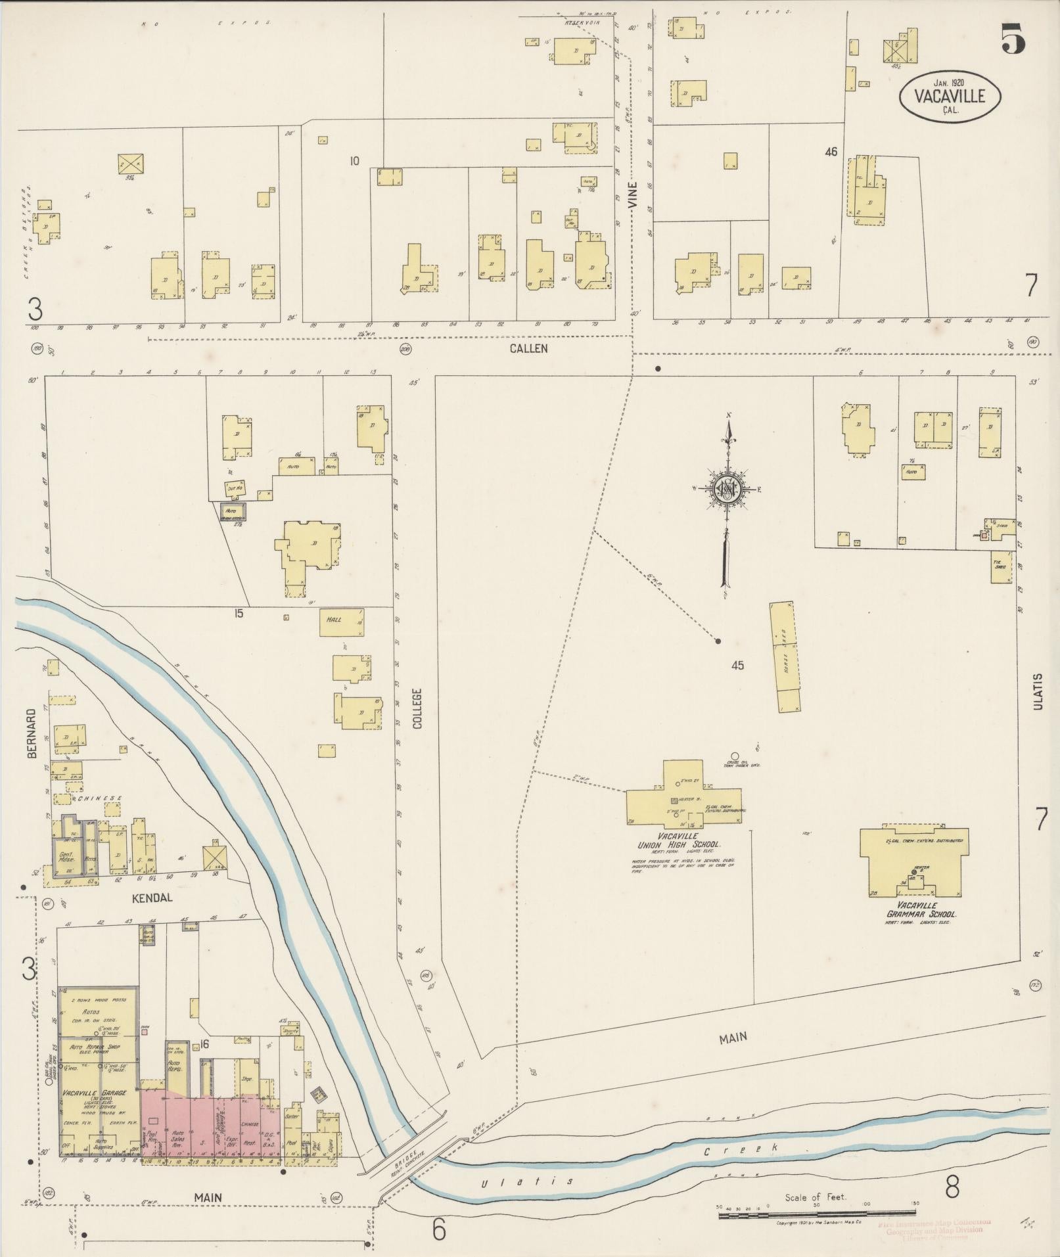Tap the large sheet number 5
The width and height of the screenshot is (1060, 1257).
click(x=1013, y=38)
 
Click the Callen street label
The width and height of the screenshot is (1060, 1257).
click(x=528, y=348)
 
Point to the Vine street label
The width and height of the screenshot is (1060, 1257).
click(x=634, y=195)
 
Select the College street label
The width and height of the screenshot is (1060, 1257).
click(x=417, y=709)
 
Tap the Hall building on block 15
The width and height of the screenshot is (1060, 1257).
click(x=341, y=622)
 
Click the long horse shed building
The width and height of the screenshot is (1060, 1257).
click(x=785, y=656)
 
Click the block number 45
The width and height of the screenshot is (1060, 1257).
click(x=737, y=665)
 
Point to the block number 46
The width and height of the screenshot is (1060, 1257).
click(x=831, y=152)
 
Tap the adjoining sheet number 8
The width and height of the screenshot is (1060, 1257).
click(x=952, y=1187)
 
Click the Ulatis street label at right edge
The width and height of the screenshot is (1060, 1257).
click(x=1038, y=691)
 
